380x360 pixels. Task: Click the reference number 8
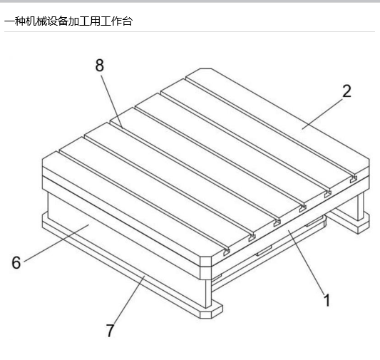click(x=100, y=65)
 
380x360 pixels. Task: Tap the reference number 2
click(x=346, y=91)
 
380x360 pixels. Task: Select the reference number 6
click(x=16, y=262)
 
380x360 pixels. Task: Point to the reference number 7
click(x=111, y=331)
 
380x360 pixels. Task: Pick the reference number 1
click(x=327, y=300)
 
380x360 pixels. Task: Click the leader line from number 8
click(x=111, y=101)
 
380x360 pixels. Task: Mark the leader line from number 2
click(x=322, y=114)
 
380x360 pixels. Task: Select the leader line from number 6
click(x=57, y=243)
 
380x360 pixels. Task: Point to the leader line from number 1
click(x=307, y=262)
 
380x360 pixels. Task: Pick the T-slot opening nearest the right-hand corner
click(x=354, y=179)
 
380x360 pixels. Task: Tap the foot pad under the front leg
click(x=211, y=311)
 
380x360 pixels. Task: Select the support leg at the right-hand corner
click(x=361, y=206)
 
